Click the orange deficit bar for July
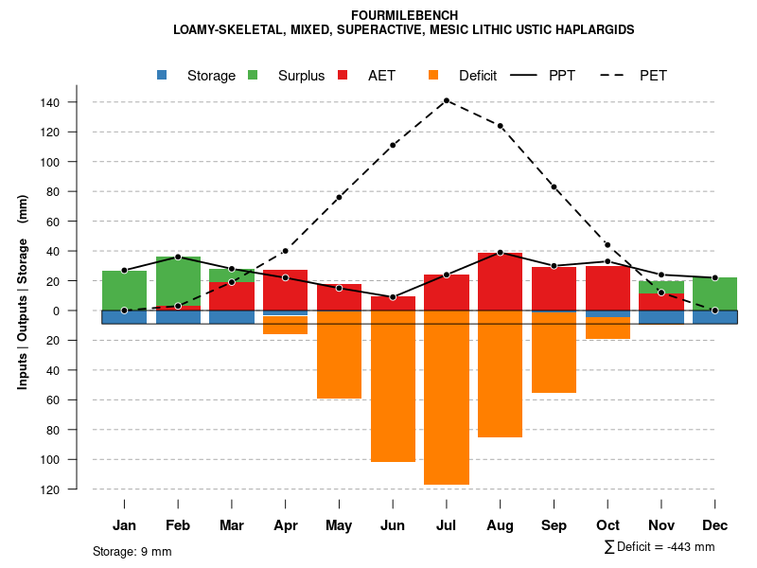coord(447,398)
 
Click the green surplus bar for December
coord(715,293)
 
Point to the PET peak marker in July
coord(447,100)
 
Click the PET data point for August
coord(501,126)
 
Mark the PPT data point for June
coord(393,297)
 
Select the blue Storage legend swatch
coord(163,75)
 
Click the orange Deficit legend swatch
coord(434,75)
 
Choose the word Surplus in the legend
coord(301,76)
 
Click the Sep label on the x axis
coord(555,525)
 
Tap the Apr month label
coord(286,525)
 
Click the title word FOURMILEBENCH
coord(404,15)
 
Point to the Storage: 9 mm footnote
coord(132,551)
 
